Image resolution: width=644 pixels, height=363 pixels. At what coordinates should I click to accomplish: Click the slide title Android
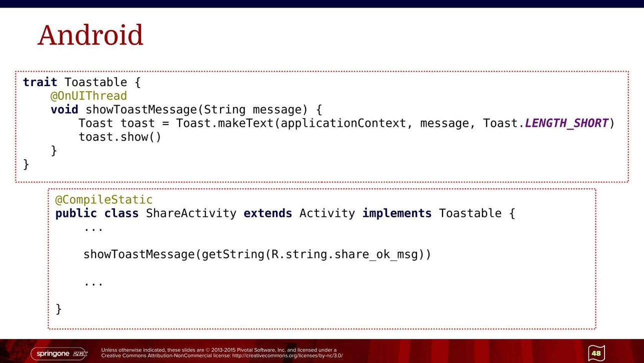90,35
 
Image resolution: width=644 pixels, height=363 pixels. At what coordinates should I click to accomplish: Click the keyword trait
40,82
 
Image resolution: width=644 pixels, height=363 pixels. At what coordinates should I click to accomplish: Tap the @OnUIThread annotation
88,96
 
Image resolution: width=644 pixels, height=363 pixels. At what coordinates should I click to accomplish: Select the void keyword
64,109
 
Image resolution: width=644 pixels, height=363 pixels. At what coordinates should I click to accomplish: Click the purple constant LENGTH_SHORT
566,123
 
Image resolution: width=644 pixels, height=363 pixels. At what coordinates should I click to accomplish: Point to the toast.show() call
120,137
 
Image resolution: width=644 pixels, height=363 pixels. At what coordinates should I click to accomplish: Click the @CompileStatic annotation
104,199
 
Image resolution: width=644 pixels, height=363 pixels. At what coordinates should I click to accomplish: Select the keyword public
76,214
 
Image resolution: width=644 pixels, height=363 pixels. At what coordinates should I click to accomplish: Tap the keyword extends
267,213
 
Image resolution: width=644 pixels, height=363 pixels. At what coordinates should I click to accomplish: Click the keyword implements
397,214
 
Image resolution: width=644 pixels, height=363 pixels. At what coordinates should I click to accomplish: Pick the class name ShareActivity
191,214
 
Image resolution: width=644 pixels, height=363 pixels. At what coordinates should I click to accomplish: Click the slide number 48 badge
596,353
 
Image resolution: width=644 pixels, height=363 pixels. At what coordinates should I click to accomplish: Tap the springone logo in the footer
59,354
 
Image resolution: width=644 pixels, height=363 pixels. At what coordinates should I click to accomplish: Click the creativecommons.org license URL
287,356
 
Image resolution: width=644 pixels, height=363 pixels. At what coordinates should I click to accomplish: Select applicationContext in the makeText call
343,124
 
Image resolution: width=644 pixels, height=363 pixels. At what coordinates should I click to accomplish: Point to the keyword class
121,213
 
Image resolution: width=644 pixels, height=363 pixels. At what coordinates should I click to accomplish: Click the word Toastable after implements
470,213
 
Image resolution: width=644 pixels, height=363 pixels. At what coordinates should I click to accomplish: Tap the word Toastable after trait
95,82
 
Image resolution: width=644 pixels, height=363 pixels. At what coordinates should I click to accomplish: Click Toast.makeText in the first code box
224,123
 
